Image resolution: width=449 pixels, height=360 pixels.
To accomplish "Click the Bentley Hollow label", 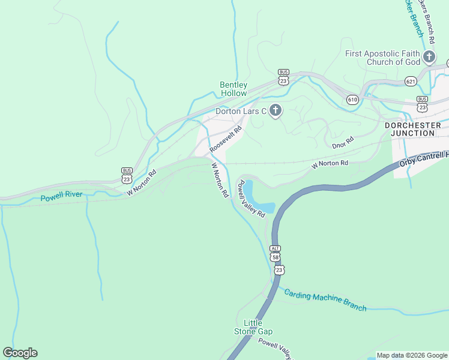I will click(233, 89).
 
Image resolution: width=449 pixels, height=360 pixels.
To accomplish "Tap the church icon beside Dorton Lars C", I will click(276, 110).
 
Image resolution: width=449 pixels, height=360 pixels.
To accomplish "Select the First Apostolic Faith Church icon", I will click(429, 58).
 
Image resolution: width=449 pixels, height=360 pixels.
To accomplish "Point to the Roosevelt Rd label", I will click(226, 138).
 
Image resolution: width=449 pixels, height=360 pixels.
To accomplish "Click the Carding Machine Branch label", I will click(325, 300).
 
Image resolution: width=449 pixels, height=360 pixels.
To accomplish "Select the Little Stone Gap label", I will click(253, 327).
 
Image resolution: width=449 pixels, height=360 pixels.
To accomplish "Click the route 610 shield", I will click(352, 99).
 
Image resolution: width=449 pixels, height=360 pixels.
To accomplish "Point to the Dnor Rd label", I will click(342, 144).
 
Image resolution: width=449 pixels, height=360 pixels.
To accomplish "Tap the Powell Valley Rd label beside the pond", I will click(252, 199).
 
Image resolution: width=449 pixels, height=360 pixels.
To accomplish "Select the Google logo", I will click(20, 353).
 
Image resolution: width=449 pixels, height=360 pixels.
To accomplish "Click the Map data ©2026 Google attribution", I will click(412, 355).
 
